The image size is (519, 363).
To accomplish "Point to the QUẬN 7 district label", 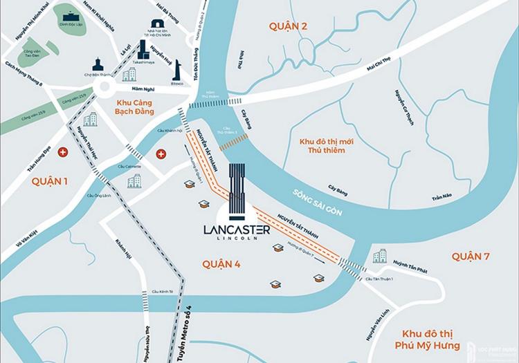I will coord(471,257).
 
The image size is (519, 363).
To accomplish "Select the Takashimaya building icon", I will coord(144,49).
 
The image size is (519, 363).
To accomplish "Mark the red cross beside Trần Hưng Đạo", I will coord(64,151).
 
